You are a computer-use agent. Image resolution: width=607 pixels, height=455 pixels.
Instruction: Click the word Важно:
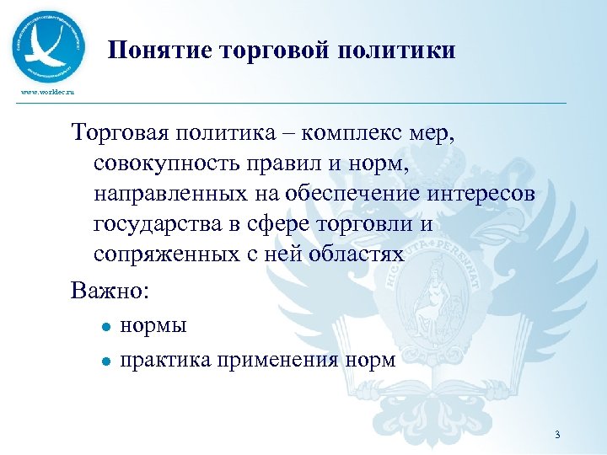(110, 291)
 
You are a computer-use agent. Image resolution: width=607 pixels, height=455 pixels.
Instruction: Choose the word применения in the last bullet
(278, 361)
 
